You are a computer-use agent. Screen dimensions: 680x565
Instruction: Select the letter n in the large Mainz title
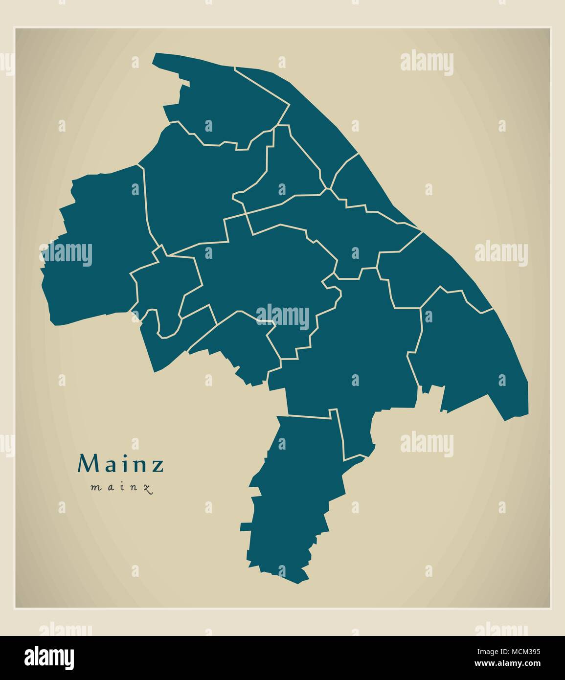pyautogui.click(x=139, y=466)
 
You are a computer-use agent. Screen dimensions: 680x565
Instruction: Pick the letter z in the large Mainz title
pyautogui.click(x=158, y=466)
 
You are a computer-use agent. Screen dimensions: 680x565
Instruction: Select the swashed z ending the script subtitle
pyautogui.click(x=146, y=488)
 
